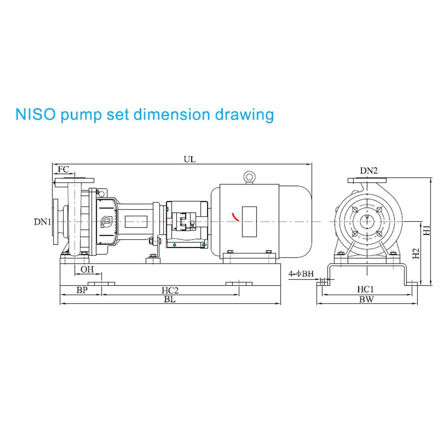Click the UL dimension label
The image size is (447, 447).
click(x=190, y=160)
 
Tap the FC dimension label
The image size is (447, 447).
click(x=63, y=169)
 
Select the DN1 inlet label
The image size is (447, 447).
click(x=42, y=222)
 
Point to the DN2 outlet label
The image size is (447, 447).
click(x=369, y=170)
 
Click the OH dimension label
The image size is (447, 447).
click(x=87, y=270)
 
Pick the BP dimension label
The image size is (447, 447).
click(x=82, y=290)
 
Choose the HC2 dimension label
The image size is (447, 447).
click(x=170, y=291)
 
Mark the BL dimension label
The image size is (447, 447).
click(x=169, y=299)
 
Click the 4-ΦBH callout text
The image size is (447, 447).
click(x=301, y=274)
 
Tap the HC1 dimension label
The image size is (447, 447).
click(x=366, y=290)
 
